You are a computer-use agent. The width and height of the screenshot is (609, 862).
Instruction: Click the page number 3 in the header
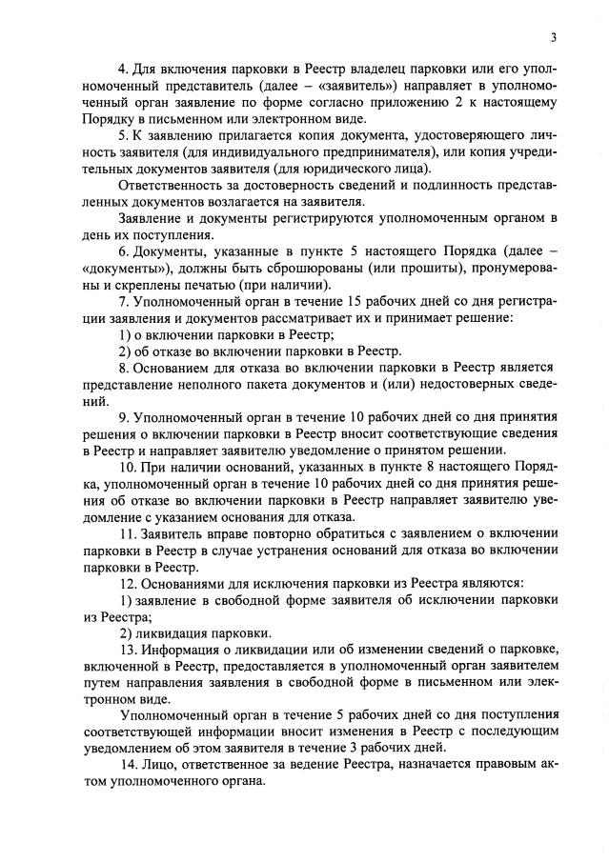coord(552,37)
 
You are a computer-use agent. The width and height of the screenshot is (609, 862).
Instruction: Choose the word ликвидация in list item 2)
coord(173,632)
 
